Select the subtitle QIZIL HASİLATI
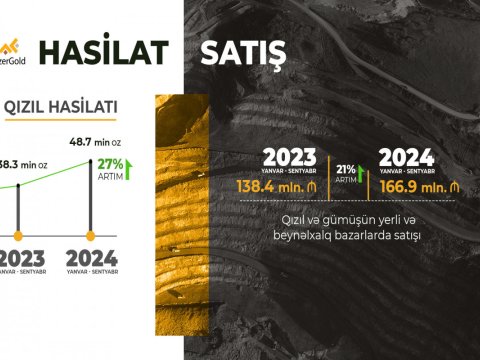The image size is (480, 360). coord(62,106)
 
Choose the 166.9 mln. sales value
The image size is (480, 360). coord(412,187)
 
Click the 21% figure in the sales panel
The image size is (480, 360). coord(345,167)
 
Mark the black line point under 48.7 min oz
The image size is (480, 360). coord(92,160)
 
